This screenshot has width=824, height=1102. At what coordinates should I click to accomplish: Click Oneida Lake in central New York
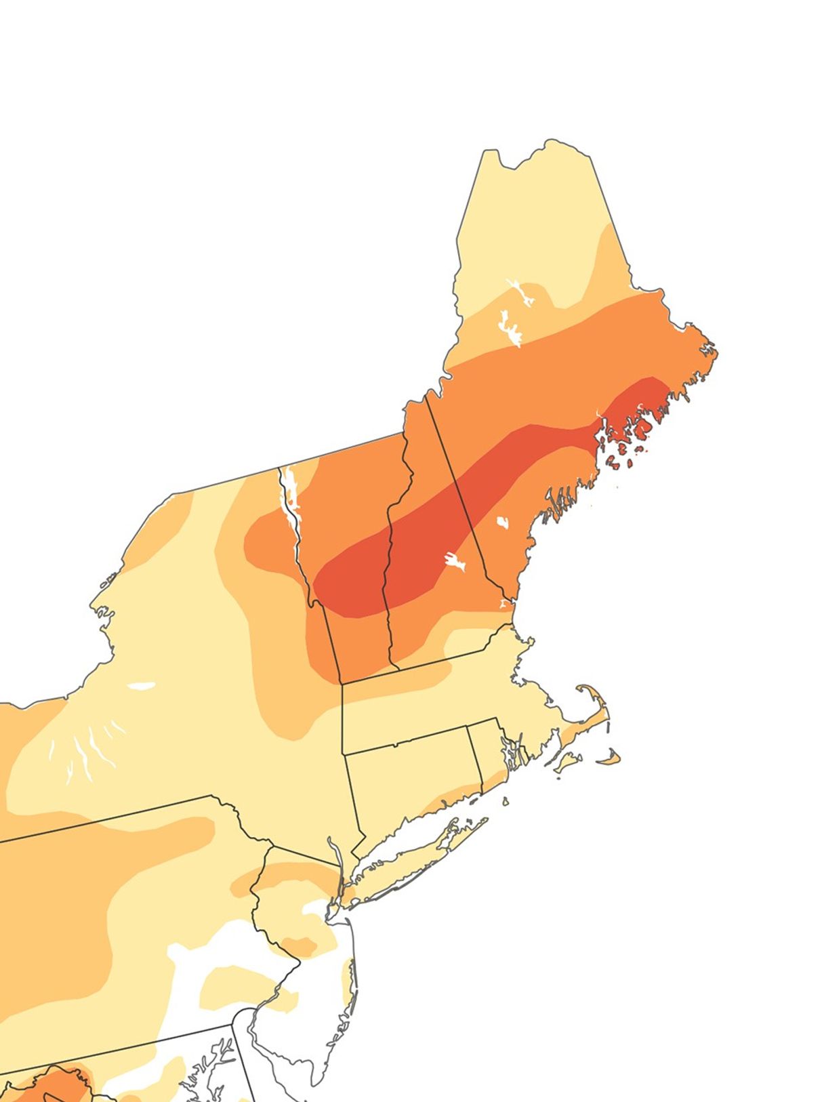tap(142, 685)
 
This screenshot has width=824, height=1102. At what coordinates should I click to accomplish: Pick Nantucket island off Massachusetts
tap(610, 758)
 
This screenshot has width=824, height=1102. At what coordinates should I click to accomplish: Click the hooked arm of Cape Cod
tap(596, 705)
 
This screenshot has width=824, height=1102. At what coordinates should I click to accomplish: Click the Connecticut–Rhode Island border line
tap(475, 759)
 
